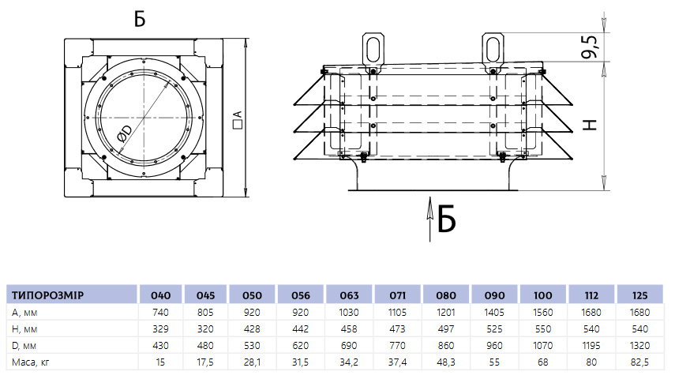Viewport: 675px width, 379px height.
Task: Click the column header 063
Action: click(349, 295)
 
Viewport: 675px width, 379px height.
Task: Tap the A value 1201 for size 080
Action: click(446, 312)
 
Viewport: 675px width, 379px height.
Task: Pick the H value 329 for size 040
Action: click(160, 329)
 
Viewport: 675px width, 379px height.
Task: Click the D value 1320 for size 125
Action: click(639, 345)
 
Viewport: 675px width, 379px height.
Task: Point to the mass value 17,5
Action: click(205, 362)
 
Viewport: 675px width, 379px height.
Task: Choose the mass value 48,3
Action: click(446, 362)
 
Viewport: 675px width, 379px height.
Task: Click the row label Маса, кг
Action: click(31, 362)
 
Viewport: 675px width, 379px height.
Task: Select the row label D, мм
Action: click(24, 346)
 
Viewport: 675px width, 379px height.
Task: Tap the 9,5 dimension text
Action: click(589, 47)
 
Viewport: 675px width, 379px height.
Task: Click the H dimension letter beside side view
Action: click(591, 125)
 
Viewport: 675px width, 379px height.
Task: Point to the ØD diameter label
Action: click(124, 133)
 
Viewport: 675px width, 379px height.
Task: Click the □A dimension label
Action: click(238, 120)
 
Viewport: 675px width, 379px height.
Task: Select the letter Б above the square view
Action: click(140, 19)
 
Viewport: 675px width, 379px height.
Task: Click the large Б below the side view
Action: click(446, 220)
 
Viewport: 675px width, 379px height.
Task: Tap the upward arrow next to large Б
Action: click(429, 220)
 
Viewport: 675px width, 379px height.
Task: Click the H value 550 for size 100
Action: click(543, 329)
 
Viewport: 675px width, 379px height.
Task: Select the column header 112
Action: click(591, 295)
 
